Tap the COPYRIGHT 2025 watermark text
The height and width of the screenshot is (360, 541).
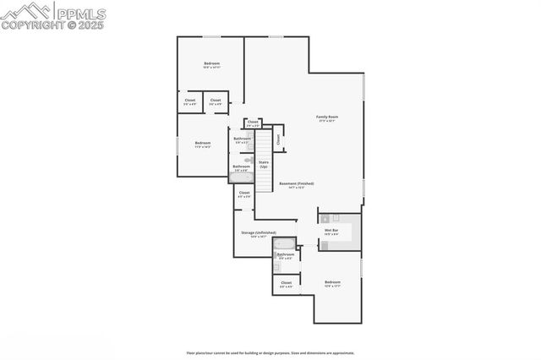pyautogui.click(x=53, y=25)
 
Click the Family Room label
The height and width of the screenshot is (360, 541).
pyautogui.click(x=327, y=117)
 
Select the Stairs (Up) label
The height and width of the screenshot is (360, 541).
pyautogui.click(x=264, y=164)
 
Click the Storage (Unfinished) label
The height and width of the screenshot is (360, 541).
pyautogui.click(x=258, y=233)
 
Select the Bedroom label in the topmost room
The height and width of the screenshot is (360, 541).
pyautogui.click(x=212, y=65)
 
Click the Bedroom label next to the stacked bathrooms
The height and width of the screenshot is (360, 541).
pyautogui.click(x=203, y=144)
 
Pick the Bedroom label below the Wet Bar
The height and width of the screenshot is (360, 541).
pyautogui.click(x=333, y=283)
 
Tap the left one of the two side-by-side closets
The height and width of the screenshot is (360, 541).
pyautogui.click(x=190, y=101)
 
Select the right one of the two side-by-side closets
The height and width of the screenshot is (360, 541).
pyautogui.click(x=216, y=101)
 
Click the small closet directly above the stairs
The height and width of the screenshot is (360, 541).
pyautogui.click(x=253, y=123)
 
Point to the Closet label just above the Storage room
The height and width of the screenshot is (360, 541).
pyautogui.click(x=244, y=194)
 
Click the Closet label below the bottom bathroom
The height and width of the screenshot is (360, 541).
pyautogui.click(x=286, y=284)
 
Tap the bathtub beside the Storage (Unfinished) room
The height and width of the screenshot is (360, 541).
pyautogui.click(x=285, y=243)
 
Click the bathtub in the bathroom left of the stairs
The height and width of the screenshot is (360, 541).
pyautogui.click(x=242, y=177)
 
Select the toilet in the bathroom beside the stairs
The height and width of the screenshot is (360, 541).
pyautogui.click(x=249, y=159)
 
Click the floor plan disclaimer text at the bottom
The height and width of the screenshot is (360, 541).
pyautogui.click(x=270, y=352)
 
